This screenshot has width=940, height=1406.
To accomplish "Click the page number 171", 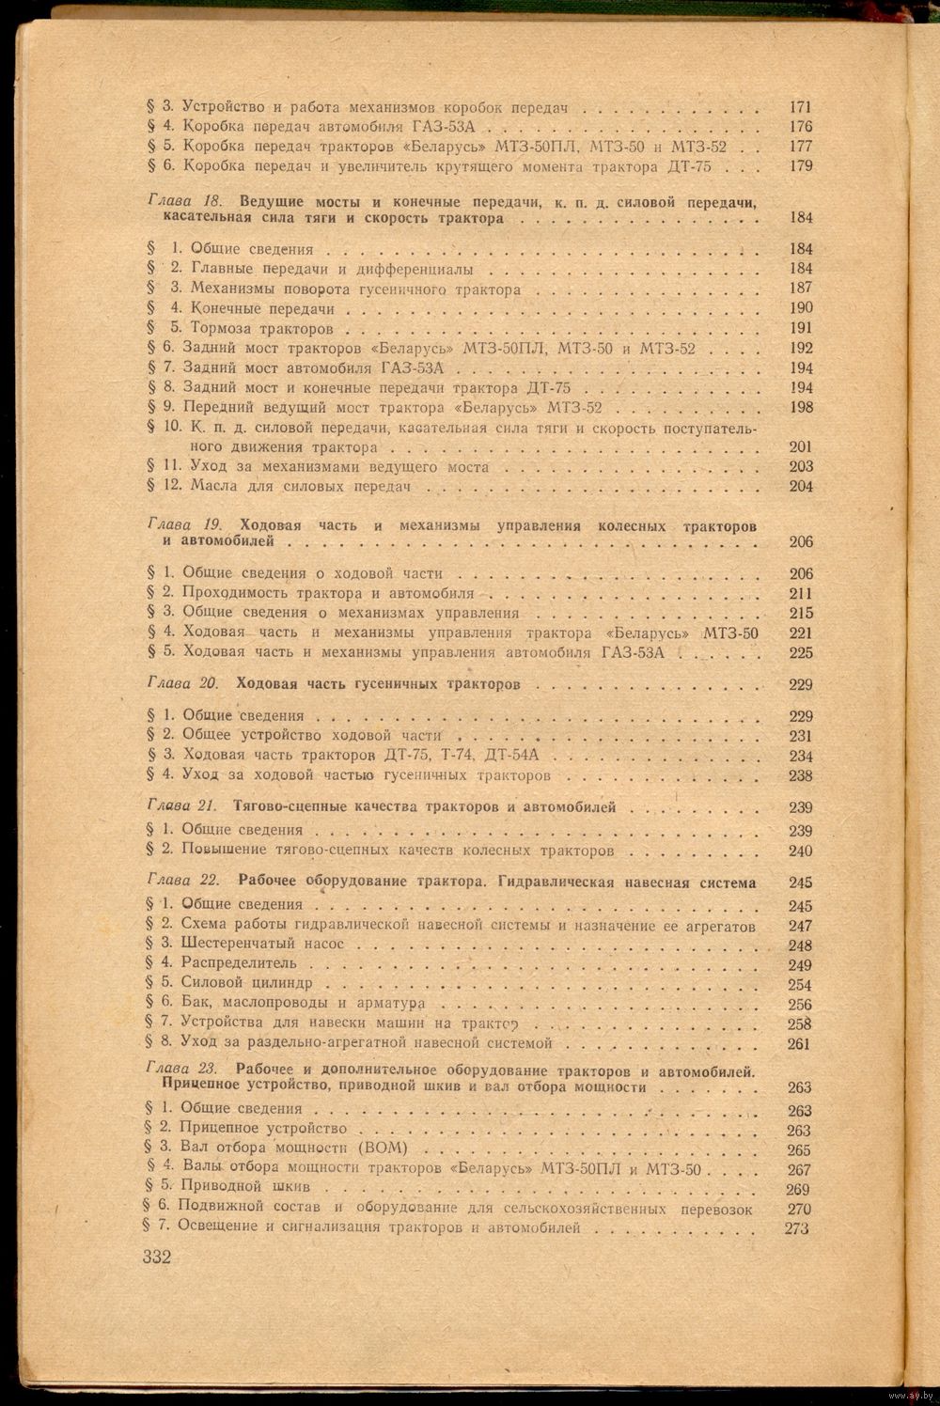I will click(x=801, y=107).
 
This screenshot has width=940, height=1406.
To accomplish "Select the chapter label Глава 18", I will click(x=184, y=202).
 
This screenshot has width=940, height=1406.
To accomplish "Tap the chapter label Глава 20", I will click(x=184, y=684).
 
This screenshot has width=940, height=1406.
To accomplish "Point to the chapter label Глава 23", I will click(x=183, y=1070).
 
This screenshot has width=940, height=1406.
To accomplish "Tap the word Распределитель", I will click(x=239, y=963).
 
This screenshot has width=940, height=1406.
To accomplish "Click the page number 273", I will click(x=795, y=1228).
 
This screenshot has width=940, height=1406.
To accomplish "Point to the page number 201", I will click(x=801, y=447).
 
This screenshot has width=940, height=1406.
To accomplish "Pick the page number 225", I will click(x=801, y=653).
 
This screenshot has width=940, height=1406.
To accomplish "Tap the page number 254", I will click(x=801, y=984).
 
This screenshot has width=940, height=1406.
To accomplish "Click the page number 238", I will click(x=801, y=776).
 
